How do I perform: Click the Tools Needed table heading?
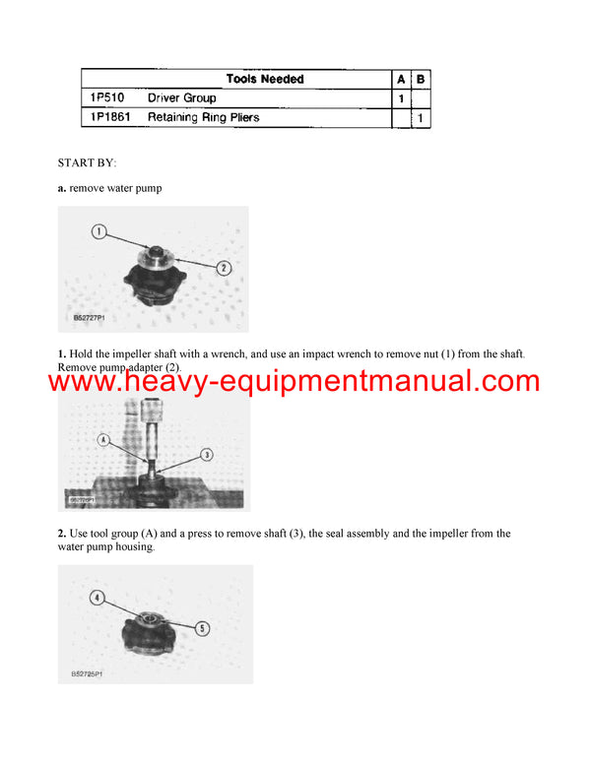point(265,79)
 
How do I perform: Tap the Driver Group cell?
point(181,98)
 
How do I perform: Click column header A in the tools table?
point(400,79)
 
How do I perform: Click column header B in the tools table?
point(421,79)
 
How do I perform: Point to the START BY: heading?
point(87,162)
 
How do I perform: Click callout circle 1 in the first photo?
point(98,232)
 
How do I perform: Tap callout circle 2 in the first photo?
point(224,267)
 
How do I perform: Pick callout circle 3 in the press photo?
point(208,454)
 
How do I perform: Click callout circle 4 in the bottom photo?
point(98,597)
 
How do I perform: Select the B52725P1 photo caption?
point(90,674)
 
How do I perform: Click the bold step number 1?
point(61,353)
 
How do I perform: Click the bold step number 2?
point(61,534)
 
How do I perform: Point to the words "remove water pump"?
point(110,186)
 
